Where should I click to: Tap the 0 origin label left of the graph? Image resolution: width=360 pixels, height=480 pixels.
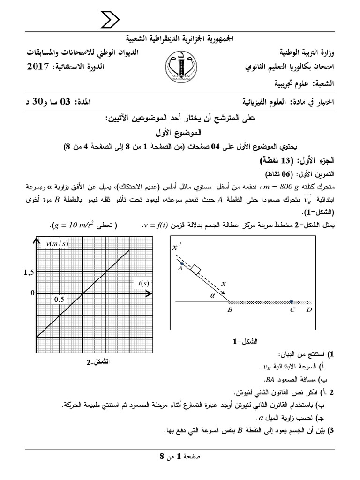click(32, 293)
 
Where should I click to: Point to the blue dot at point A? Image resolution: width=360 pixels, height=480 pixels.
click(180, 263)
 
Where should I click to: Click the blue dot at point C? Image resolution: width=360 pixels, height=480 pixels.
click(292, 302)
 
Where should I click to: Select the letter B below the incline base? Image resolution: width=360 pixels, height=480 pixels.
click(230, 310)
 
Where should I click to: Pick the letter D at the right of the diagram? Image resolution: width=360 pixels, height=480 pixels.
click(308, 310)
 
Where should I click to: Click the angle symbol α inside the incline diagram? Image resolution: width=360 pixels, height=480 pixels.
click(211, 295)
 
